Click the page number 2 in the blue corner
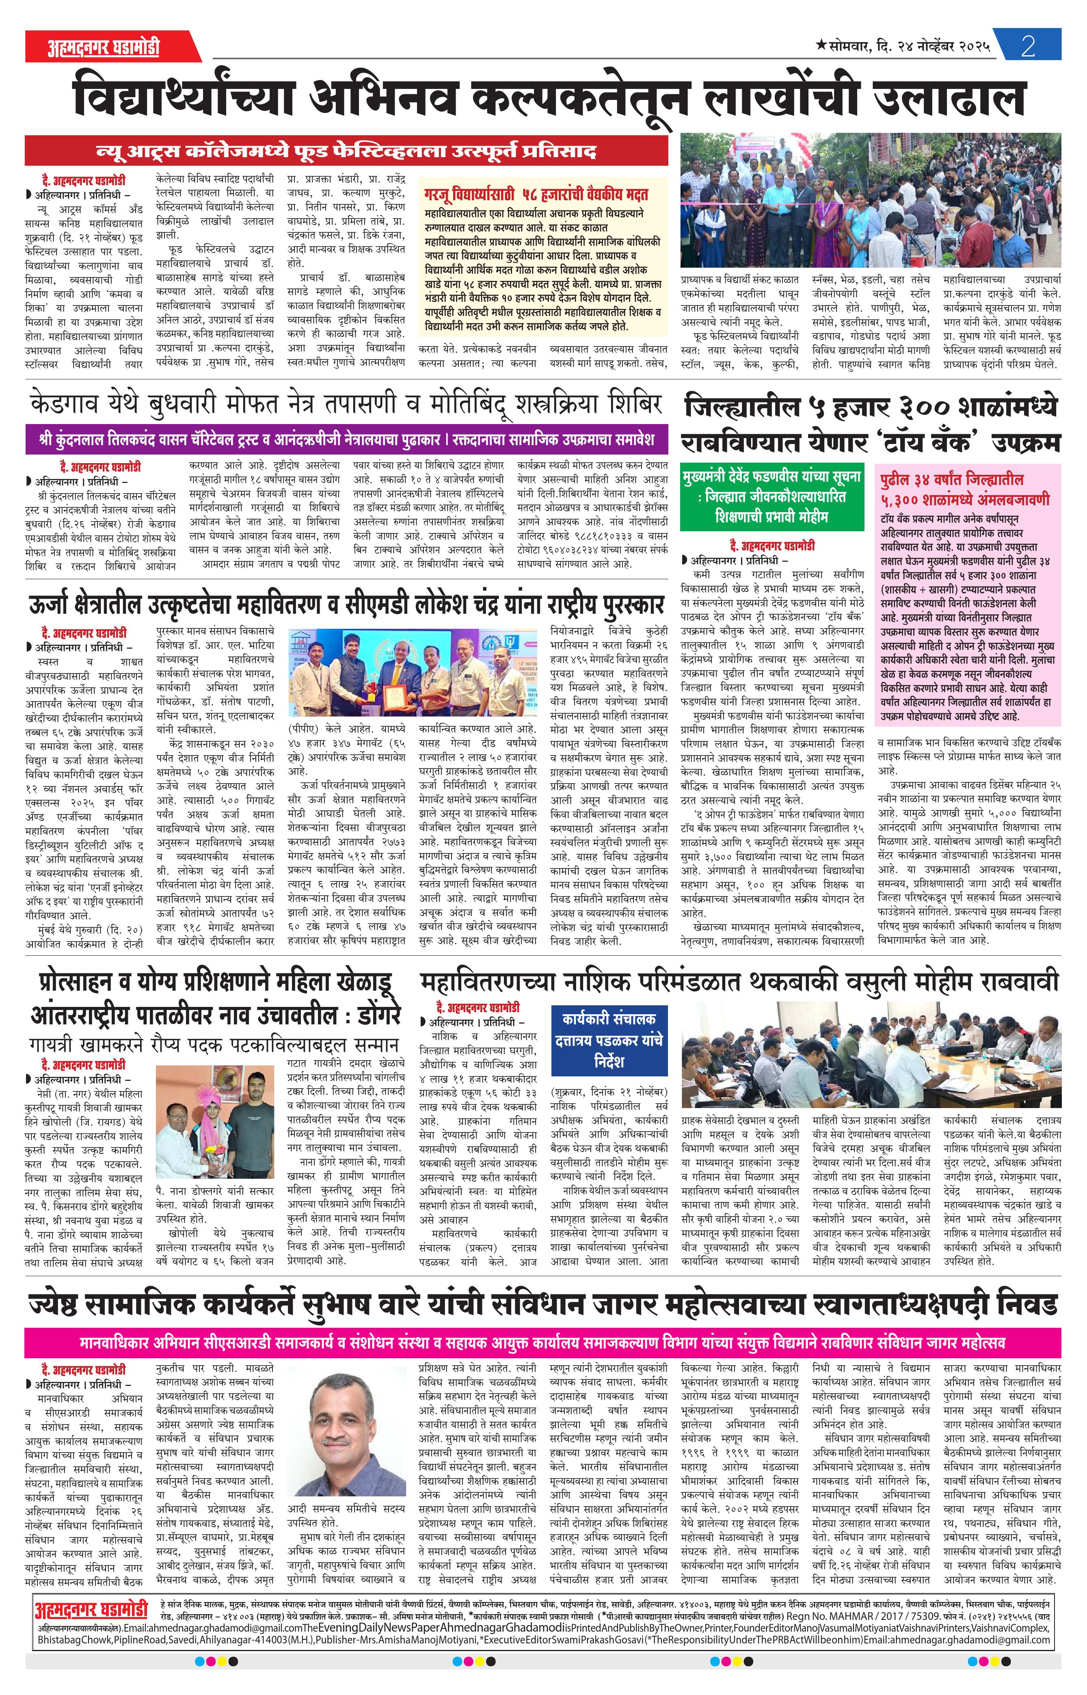tap(1028, 47)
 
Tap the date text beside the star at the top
tap(910, 47)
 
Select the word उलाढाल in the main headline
tap(949, 99)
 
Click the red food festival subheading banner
tap(346, 150)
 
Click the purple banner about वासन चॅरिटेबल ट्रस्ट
tap(346, 439)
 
